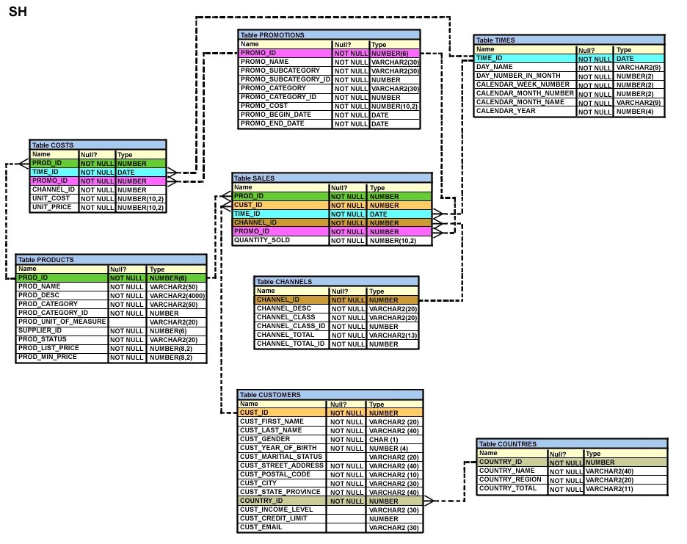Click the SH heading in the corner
(18, 12)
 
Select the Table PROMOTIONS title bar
(329, 35)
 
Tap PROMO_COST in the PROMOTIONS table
(264, 106)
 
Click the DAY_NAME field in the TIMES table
(494, 67)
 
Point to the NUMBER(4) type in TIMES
(635, 112)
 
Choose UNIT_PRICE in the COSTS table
(51, 207)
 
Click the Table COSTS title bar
(98, 145)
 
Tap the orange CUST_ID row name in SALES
(248, 205)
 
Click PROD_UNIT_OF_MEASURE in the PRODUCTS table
(62, 322)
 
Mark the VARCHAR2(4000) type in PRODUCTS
(177, 296)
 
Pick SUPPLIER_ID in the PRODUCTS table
(40, 330)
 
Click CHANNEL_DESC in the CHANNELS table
(284, 308)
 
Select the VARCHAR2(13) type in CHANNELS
(393, 336)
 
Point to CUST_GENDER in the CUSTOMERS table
(265, 439)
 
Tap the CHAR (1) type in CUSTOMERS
(383, 440)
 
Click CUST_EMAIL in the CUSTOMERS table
(261, 527)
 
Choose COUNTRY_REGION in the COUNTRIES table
(510, 479)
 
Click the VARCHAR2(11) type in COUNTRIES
(609, 489)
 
